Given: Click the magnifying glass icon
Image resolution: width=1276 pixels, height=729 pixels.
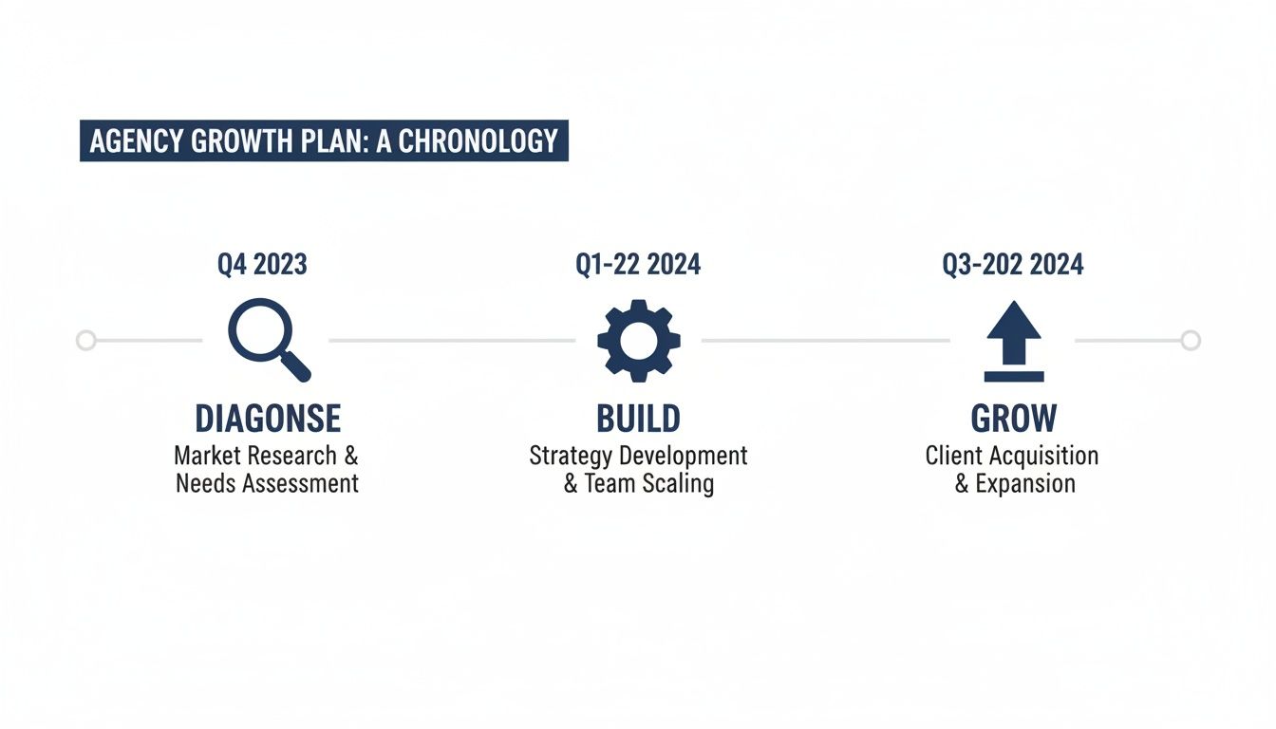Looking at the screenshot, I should [267, 337].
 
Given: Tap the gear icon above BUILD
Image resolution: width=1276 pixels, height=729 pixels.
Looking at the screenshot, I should [638, 340].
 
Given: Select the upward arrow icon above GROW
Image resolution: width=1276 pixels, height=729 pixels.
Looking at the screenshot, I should [1013, 341].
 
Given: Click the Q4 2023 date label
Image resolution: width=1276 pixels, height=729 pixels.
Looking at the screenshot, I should [262, 265].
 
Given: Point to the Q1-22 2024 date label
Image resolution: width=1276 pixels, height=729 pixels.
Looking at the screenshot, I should [638, 265].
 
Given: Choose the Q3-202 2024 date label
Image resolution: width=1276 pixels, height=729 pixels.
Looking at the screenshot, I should [1013, 265].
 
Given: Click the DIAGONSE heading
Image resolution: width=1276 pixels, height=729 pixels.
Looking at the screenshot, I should [267, 419].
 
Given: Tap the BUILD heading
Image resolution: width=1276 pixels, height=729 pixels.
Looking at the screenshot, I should [638, 419].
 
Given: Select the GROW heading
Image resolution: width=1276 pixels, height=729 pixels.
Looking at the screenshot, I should [1014, 419].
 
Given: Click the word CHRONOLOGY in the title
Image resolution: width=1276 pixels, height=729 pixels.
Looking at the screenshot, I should [478, 141].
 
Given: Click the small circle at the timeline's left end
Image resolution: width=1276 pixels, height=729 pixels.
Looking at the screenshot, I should [85, 340].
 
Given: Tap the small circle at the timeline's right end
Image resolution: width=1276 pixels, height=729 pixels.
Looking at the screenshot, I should [1191, 340].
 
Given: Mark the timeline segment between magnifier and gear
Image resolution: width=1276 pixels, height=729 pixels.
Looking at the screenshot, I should [452, 340].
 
